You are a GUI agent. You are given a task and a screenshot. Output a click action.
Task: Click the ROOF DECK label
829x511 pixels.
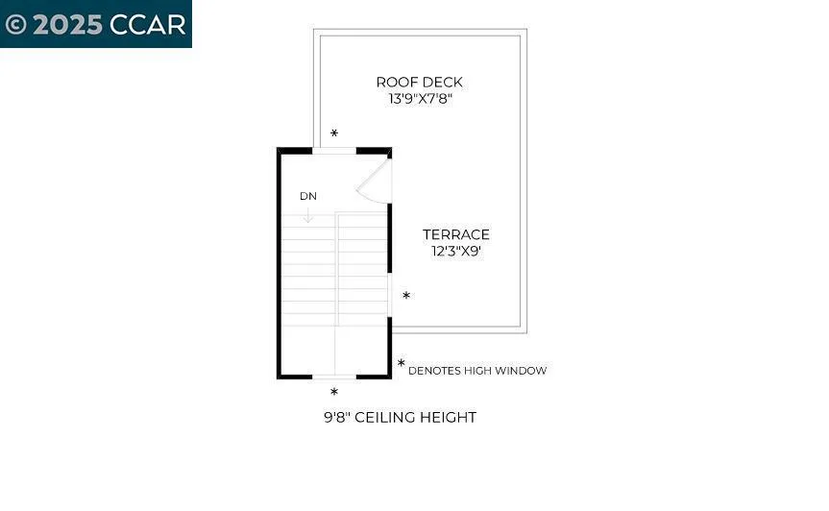(419, 83)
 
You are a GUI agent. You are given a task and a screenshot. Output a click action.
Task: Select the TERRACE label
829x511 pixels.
(456, 234)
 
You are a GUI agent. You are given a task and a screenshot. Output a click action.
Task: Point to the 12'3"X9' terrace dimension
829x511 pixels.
(456, 252)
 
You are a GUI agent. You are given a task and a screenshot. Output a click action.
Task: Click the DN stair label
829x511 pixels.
(307, 196)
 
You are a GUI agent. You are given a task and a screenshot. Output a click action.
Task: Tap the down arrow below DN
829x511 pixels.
(307, 215)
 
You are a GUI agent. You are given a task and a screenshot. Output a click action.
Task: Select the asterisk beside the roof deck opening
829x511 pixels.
(334, 134)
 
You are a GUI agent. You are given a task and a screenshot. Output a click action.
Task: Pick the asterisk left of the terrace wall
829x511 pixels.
(406, 296)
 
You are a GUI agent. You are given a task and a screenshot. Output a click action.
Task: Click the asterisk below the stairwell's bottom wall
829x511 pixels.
(334, 392)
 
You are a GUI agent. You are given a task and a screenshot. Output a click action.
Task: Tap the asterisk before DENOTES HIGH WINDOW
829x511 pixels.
(401, 364)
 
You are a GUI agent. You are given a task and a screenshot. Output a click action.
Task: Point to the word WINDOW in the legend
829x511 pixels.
(522, 371)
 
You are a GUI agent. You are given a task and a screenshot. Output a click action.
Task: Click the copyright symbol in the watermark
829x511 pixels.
(15, 24)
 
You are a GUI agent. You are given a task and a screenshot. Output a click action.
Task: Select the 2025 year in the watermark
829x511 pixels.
(67, 24)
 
